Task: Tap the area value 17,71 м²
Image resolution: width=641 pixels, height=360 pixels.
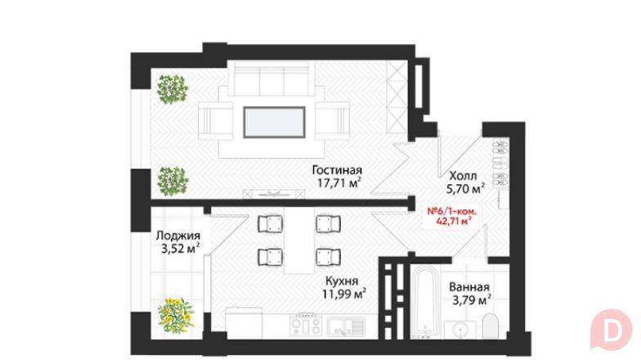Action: (x=336, y=183)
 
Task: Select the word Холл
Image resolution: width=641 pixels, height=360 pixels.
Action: (x=463, y=175)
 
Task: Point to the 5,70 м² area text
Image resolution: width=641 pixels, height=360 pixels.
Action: (x=465, y=187)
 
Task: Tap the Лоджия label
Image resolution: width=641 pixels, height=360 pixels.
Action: (x=177, y=236)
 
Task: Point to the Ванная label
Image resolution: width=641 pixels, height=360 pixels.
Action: (x=469, y=287)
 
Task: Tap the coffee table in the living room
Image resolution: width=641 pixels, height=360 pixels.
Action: (x=274, y=120)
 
